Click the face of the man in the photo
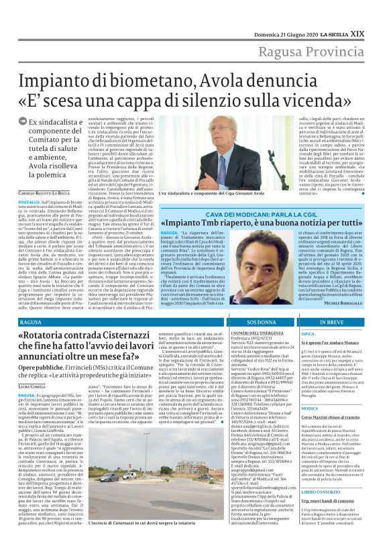pyautogui.click(x=201, y=140)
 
